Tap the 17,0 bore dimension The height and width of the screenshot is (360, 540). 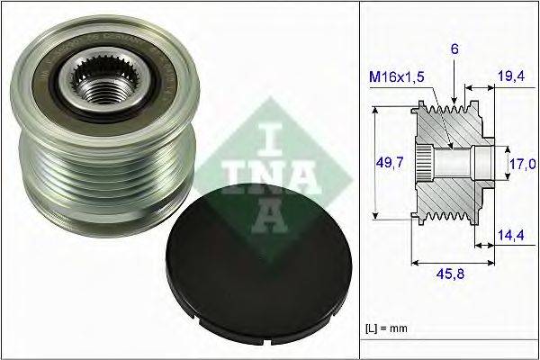click(x=524, y=164)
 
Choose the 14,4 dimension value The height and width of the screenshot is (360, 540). click(x=512, y=236)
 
